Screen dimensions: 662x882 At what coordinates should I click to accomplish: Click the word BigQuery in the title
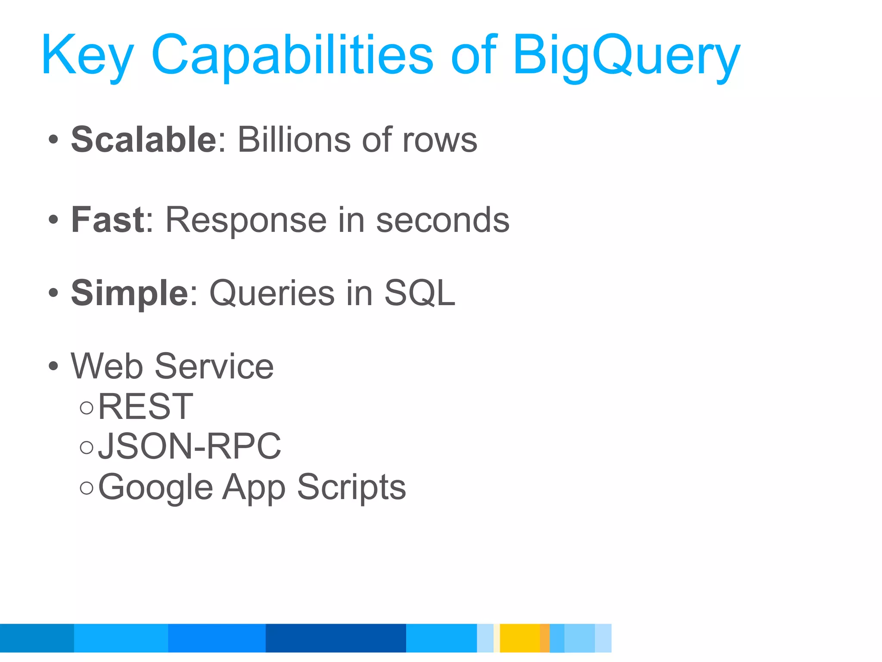626,56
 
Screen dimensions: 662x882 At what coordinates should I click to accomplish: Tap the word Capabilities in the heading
292,56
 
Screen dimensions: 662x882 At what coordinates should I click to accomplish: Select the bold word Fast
108,220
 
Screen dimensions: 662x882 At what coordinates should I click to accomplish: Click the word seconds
443,220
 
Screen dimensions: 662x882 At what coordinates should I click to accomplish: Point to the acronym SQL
419,293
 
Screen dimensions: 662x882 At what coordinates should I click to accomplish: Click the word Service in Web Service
214,366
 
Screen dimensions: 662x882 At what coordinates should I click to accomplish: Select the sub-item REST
146,406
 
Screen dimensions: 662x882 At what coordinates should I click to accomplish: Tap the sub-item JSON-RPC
189,447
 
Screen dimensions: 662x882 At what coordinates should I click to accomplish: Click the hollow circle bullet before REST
87,408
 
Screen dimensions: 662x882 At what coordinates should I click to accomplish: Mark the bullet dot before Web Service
53,367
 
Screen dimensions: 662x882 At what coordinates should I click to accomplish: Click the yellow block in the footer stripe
519,638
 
